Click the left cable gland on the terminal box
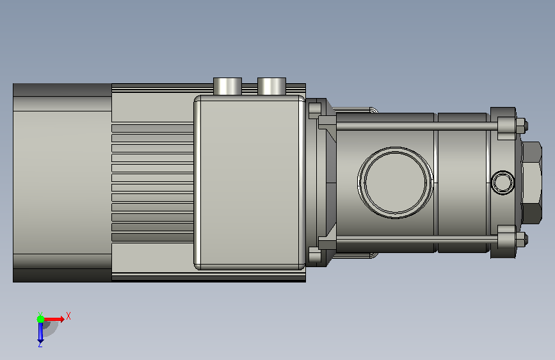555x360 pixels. pyautogui.click(x=227, y=86)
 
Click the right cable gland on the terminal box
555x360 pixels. pyautogui.click(x=271, y=86)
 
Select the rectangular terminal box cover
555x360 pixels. pyautogui.click(x=250, y=182)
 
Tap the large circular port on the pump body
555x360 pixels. pyautogui.click(x=395, y=183)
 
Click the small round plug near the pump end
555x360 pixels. pyautogui.click(x=503, y=183)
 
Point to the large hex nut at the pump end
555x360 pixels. pyautogui.click(x=532, y=183)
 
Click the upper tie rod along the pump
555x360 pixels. pyautogui.click(x=417, y=126)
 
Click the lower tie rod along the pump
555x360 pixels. pyautogui.click(x=417, y=240)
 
